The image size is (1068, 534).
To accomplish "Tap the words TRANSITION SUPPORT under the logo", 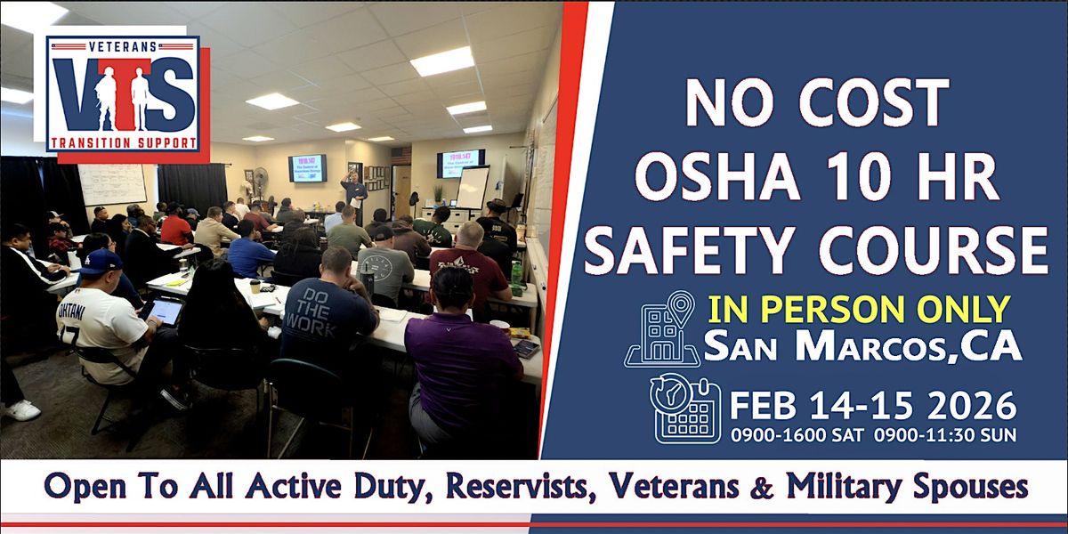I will (x=122, y=143).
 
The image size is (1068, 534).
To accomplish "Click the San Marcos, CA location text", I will (x=862, y=346).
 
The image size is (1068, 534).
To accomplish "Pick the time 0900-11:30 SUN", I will (x=943, y=436).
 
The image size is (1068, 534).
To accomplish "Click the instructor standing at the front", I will (x=354, y=197).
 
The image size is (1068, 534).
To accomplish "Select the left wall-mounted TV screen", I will (x=306, y=168).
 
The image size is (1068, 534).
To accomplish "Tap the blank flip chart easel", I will (x=472, y=187).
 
